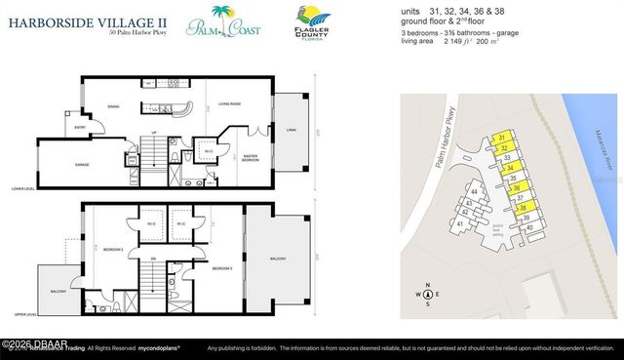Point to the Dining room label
pos(113,109)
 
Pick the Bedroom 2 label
pos(112,249)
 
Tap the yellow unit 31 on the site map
pos(501,139)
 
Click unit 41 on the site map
pos(458,223)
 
